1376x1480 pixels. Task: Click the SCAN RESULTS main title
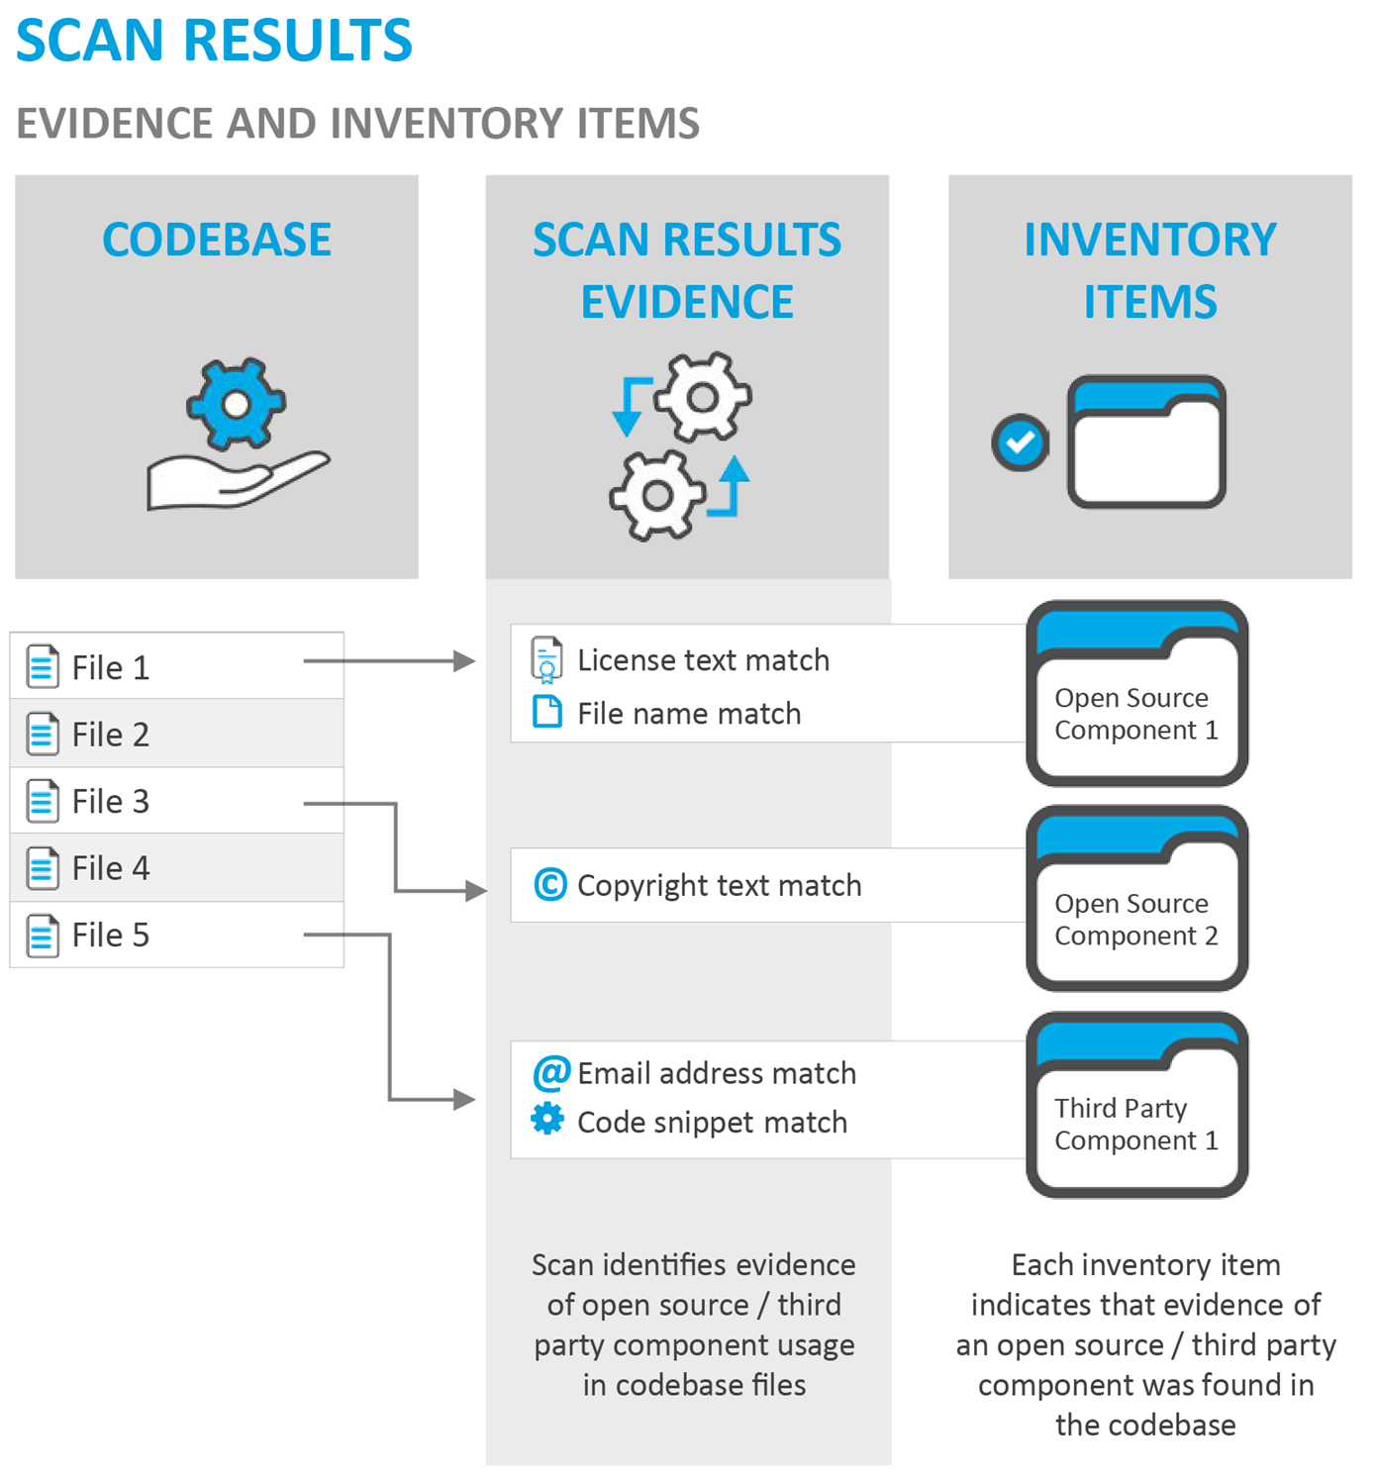(214, 41)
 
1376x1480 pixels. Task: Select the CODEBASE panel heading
(217, 240)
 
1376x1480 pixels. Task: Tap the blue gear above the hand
(236, 403)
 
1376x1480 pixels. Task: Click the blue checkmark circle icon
(1020, 443)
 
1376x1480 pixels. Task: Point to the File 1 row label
(110, 668)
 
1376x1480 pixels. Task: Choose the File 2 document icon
(42, 735)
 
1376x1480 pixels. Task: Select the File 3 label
(110, 802)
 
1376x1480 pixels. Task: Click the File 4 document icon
(42, 868)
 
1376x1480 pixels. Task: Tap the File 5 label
(110, 936)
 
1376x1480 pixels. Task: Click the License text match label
(703, 660)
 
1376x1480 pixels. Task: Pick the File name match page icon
(547, 712)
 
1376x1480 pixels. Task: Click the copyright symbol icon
(550, 884)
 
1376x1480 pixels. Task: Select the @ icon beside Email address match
(550, 1072)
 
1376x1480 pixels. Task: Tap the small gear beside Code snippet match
(547, 1120)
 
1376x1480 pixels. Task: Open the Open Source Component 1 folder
(1136, 693)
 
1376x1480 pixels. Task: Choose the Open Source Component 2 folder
(1136, 899)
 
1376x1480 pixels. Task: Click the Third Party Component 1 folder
(1136, 1104)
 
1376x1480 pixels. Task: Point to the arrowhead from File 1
(463, 661)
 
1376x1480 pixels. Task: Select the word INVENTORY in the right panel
(1149, 240)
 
